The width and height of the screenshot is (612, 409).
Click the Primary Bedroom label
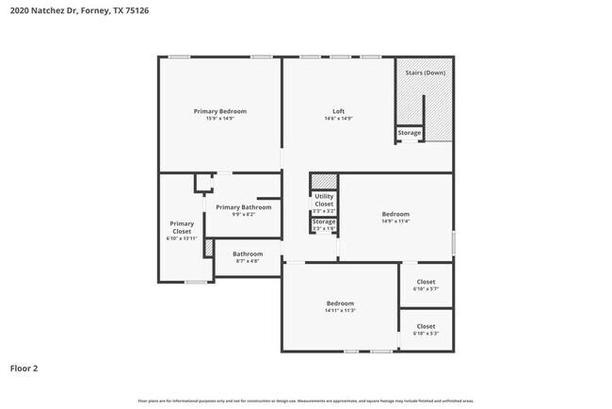(x=219, y=111)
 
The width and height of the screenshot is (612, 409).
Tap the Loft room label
(x=338, y=111)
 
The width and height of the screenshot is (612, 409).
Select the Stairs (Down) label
(x=425, y=73)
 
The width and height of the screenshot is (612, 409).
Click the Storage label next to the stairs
(x=409, y=133)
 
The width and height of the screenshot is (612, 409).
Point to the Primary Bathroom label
(x=243, y=207)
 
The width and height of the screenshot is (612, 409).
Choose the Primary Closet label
(x=182, y=227)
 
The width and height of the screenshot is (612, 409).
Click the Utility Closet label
(x=324, y=200)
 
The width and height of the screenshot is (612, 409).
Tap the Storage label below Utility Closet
(x=324, y=221)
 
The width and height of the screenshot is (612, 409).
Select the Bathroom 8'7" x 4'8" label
(x=248, y=254)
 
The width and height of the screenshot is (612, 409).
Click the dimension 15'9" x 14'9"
(x=219, y=119)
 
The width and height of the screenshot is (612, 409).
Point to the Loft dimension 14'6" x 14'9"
(x=338, y=119)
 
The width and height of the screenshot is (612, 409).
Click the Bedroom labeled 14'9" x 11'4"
(x=395, y=214)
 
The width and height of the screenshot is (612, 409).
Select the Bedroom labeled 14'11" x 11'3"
(x=340, y=303)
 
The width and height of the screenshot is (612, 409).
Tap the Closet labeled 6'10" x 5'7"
(x=426, y=282)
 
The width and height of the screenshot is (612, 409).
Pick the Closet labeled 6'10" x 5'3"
(x=426, y=327)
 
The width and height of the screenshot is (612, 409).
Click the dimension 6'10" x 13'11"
(x=182, y=238)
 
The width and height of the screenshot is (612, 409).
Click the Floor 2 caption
(x=24, y=368)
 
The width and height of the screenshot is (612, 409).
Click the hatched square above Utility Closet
(x=324, y=181)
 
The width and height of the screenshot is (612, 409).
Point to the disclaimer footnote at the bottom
(x=305, y=401)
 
